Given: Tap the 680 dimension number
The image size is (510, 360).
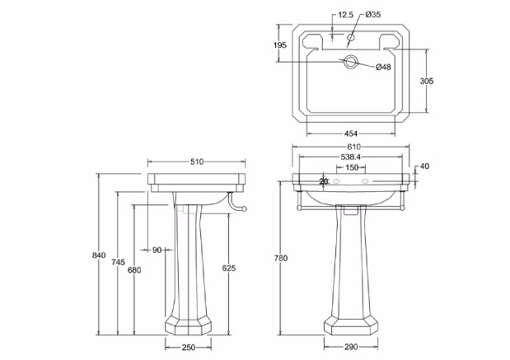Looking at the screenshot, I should tap(134, 269).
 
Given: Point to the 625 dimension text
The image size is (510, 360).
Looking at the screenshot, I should tap(230, 269).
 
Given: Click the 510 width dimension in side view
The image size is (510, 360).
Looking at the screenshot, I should tap(197, 162).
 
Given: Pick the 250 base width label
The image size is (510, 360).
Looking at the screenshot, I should tap(188, 348).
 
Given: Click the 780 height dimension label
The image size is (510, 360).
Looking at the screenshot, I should tap(280, 259).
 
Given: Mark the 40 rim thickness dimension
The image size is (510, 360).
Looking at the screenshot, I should tap(424, 166).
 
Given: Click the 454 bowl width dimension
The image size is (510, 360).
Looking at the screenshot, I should tap(350, 133).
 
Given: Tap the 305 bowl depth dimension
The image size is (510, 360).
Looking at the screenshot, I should tap(426, 81).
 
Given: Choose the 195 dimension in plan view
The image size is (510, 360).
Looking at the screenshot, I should tap(281, 46).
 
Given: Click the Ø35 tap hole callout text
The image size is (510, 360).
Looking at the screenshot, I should tap(372, 15).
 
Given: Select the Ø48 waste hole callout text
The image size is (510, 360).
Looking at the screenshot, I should tap(383, 67).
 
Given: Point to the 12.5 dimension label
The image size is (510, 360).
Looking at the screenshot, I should tap(345, 15).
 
